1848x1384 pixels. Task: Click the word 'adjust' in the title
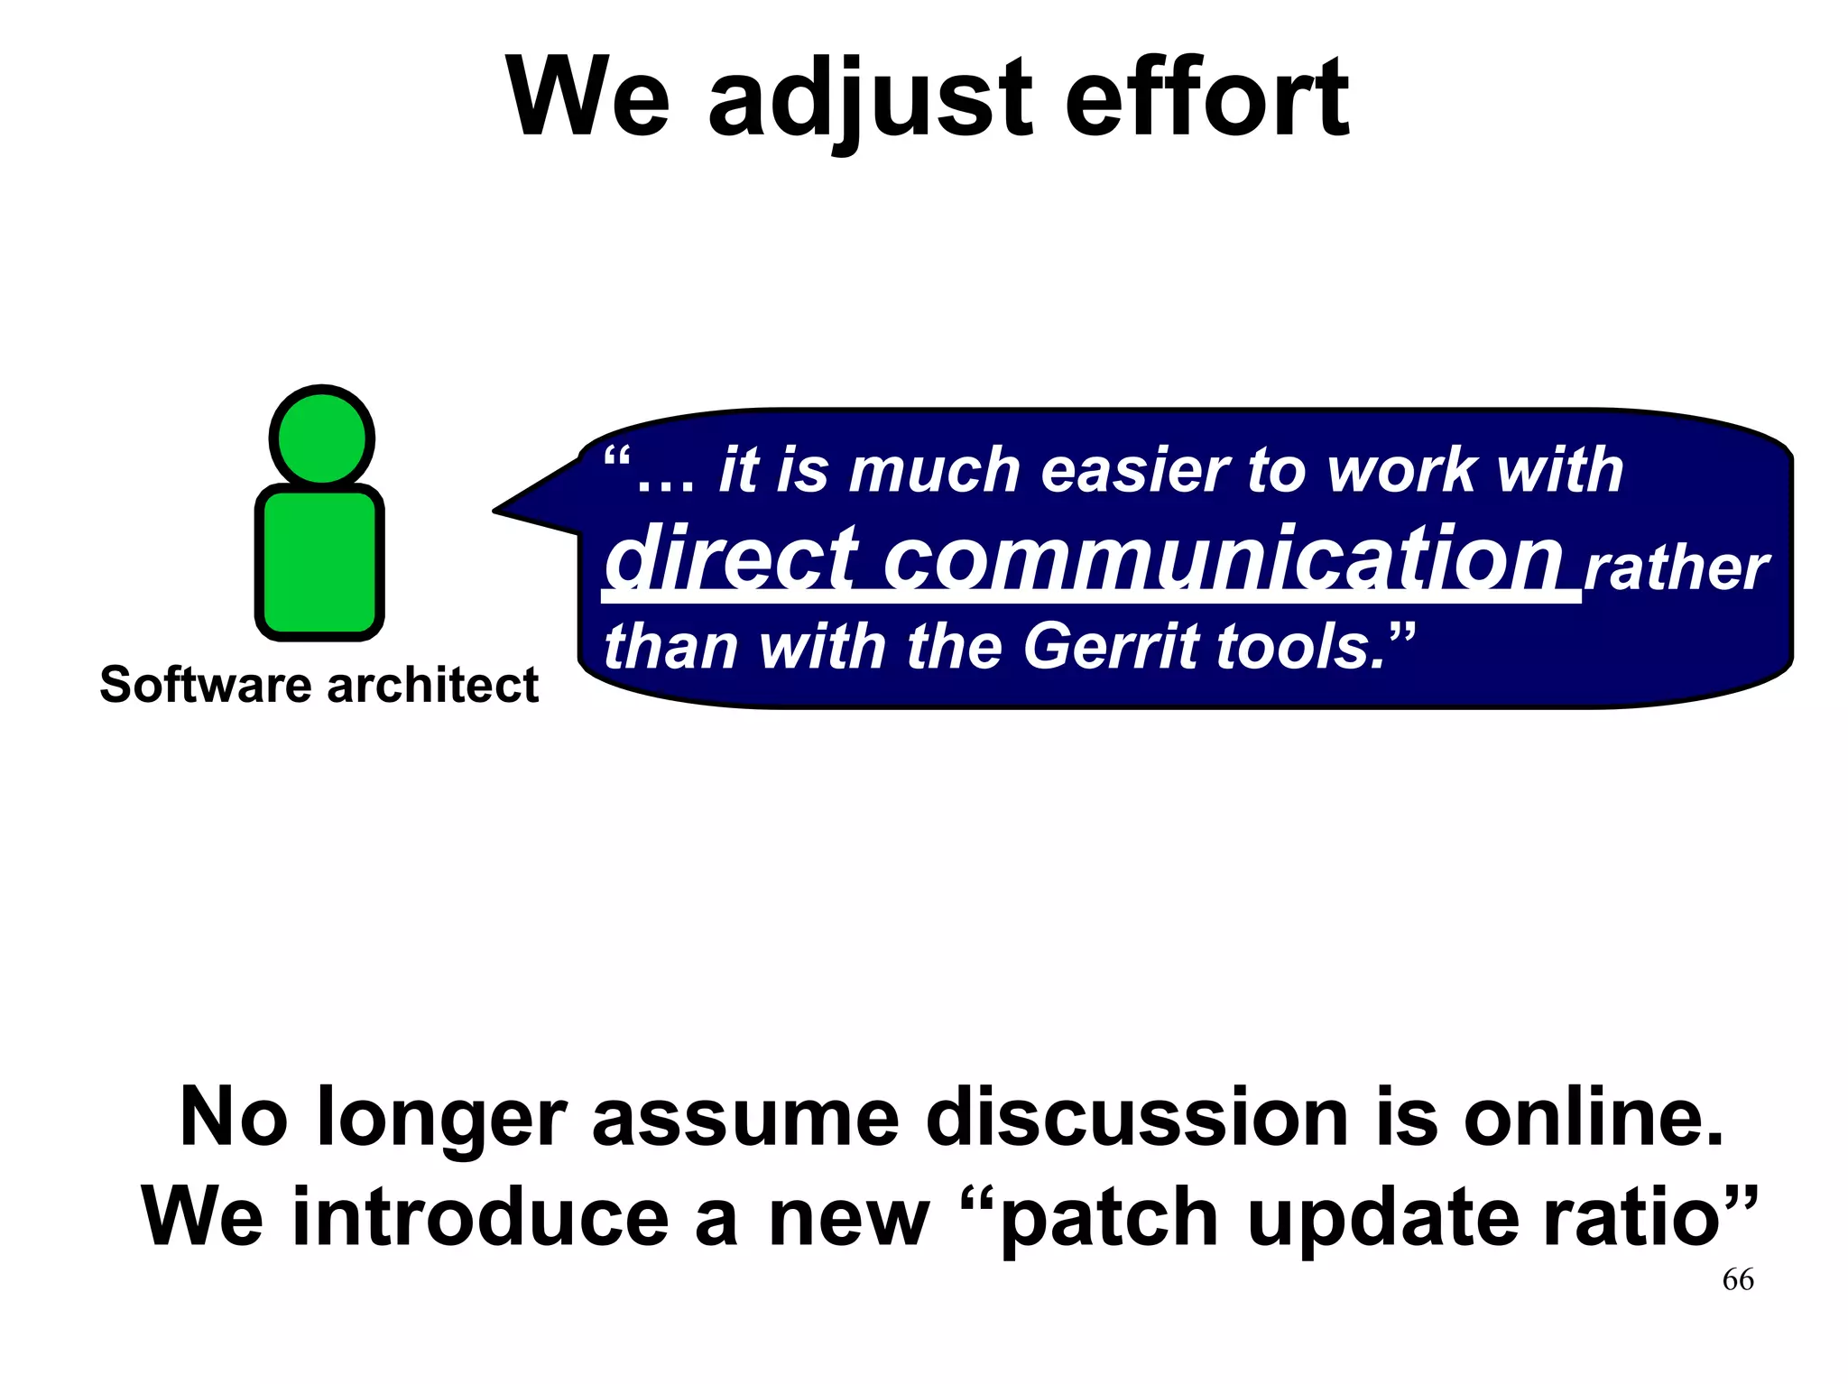(x=869, y=97)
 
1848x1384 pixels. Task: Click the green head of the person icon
(x=322, y=438)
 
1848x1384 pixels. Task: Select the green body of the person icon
(x=320, y=561)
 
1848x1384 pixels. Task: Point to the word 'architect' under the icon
(x=433, y=685)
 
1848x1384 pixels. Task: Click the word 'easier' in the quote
(x=1133, y=470)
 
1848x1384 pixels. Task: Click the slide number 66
(x=1738, y=1279)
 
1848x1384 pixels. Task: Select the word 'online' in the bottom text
(x=1593, y=1118)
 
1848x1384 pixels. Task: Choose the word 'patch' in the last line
(x=1110, y=1219)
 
